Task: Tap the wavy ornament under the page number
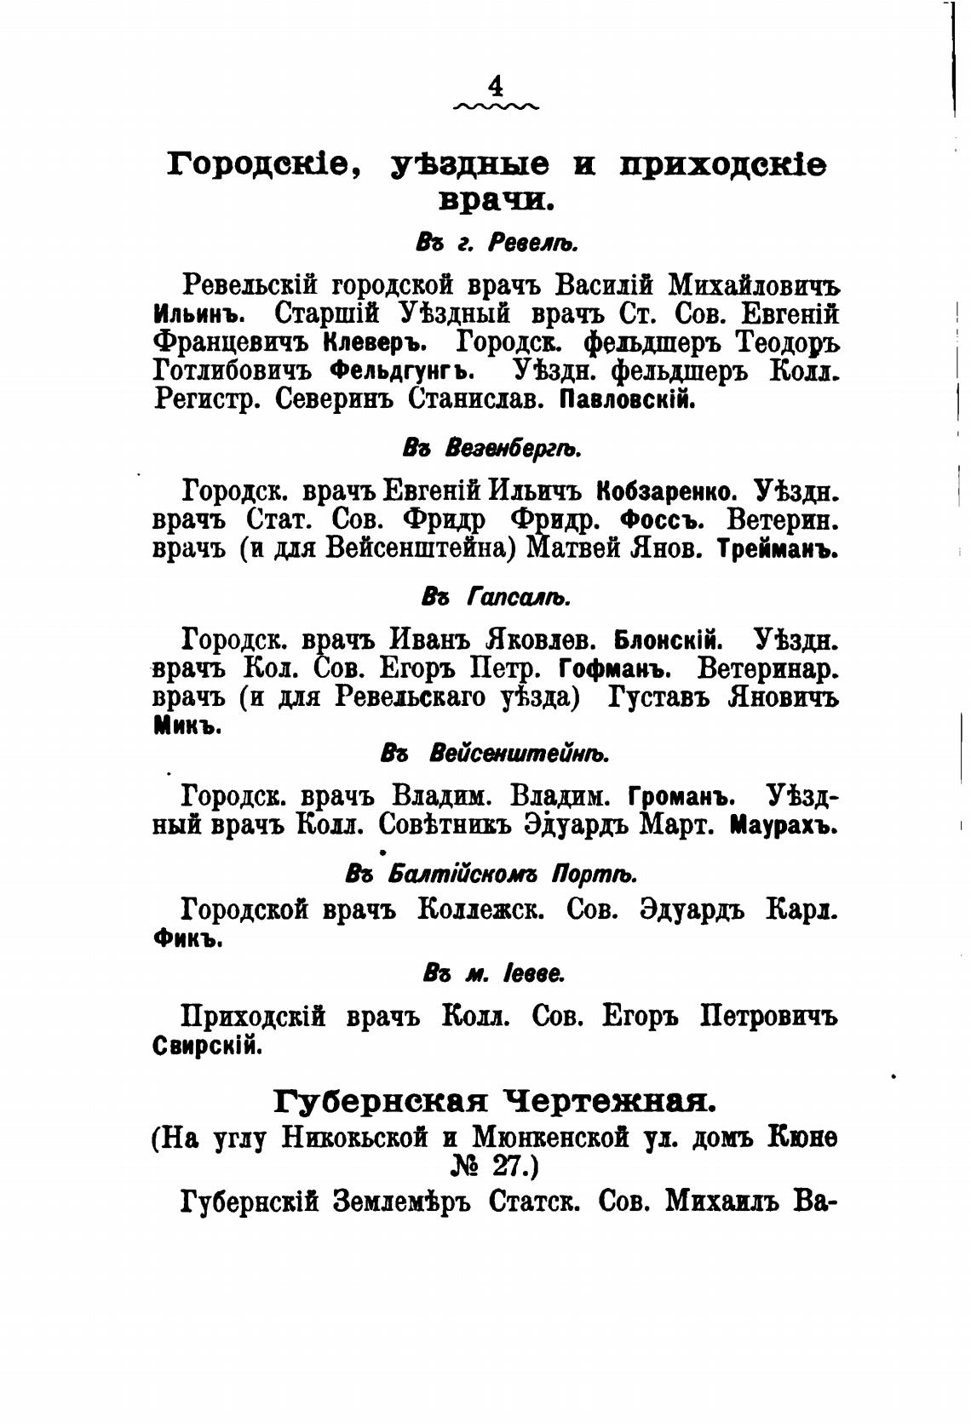click(497, 108)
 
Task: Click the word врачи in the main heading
click(497, 202)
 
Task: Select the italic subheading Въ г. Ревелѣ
click(497, 244)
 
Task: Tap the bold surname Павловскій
click(626, 399)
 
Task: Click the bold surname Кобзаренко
click(666, 492)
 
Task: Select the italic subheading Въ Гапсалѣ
click(496, 597)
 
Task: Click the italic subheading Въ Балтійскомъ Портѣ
click(491, 875)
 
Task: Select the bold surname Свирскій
click(206, 1046)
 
